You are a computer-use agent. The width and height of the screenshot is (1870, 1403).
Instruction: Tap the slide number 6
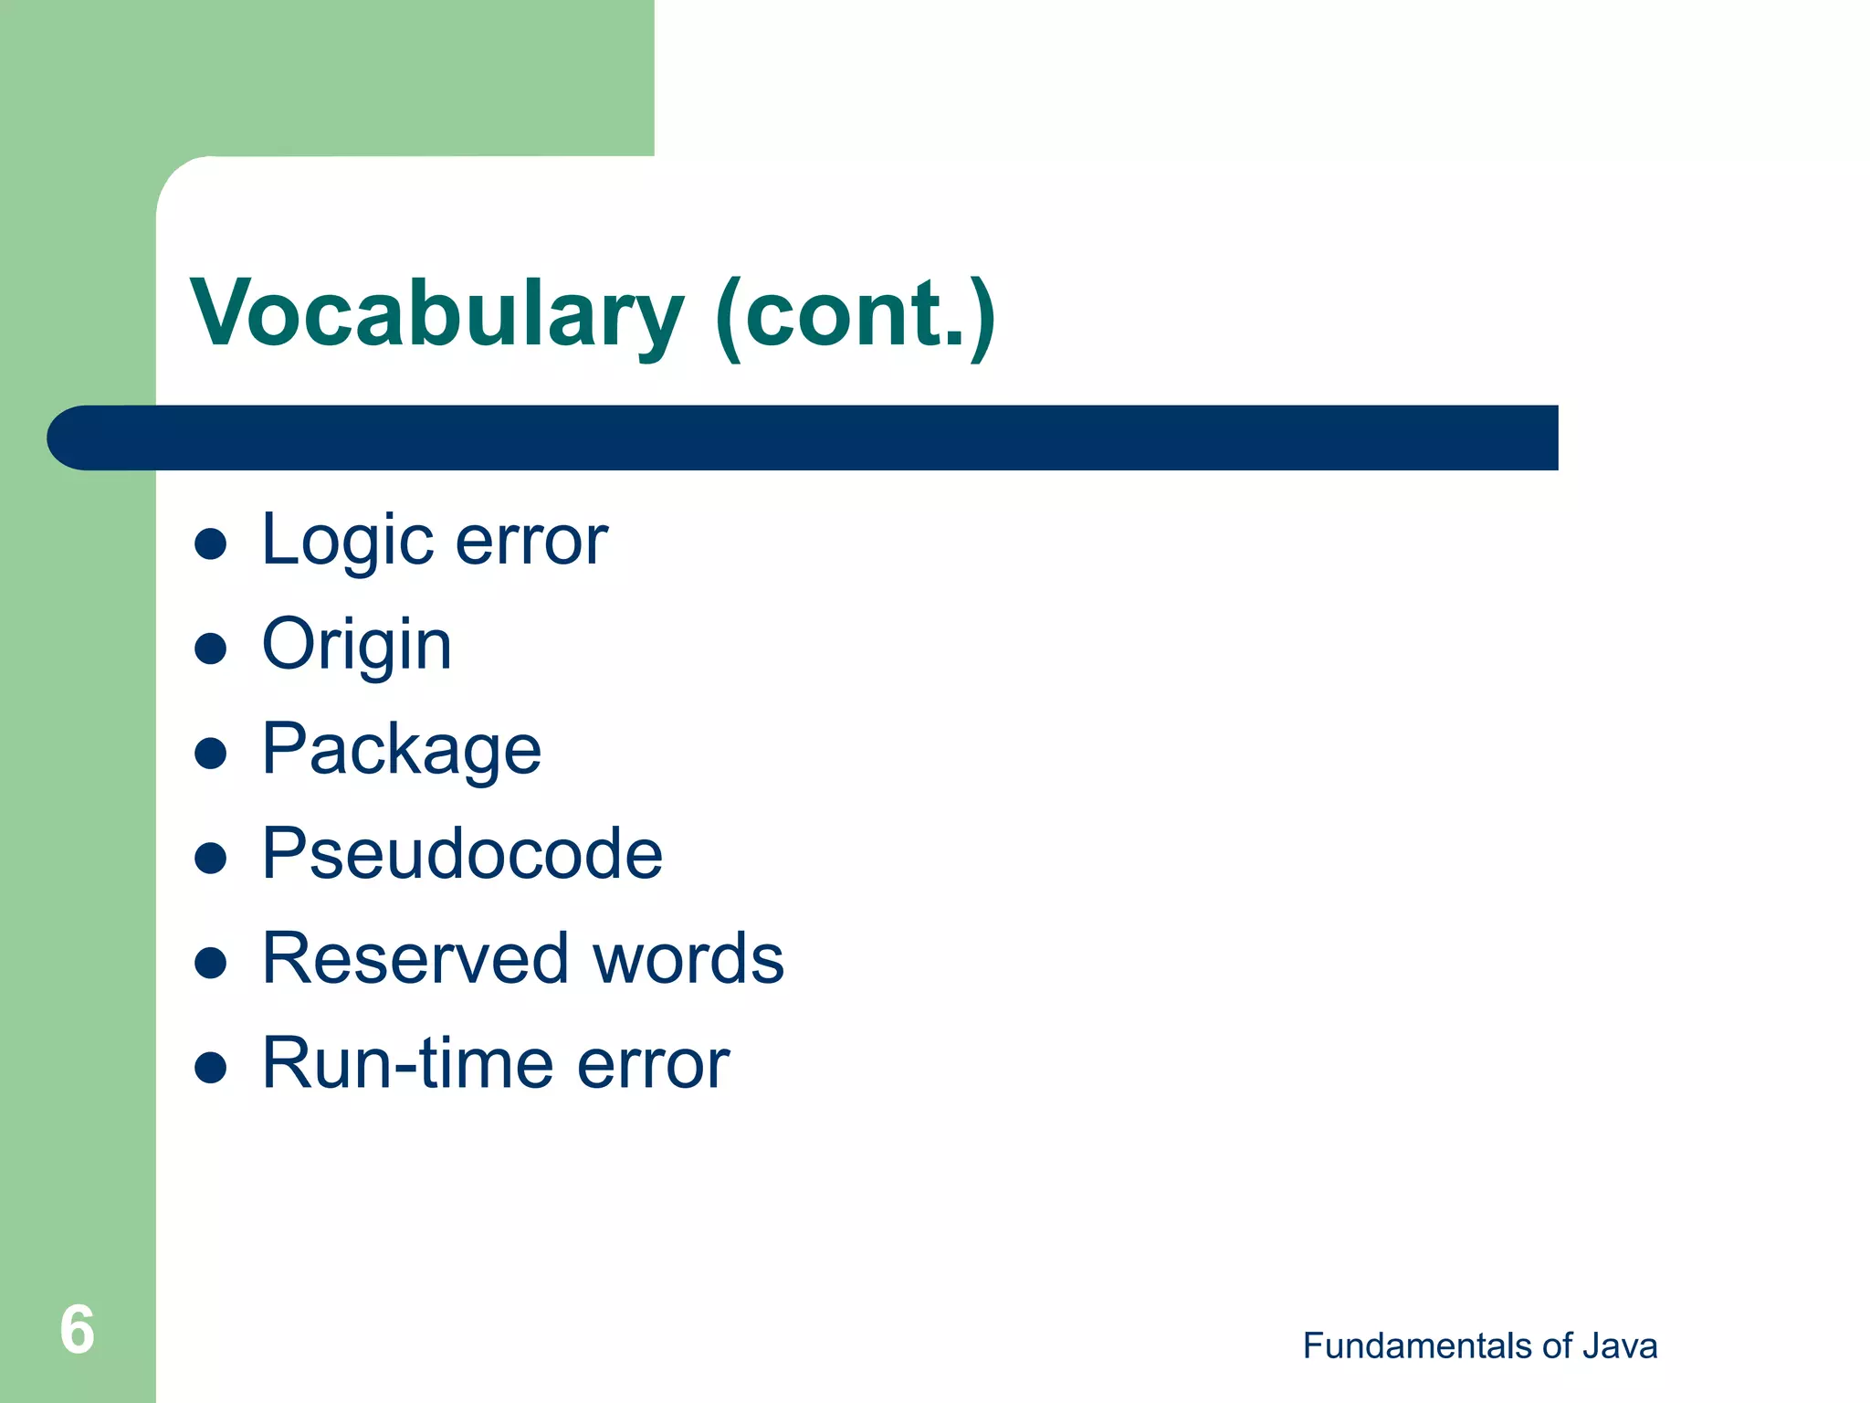pyautogui.click(x=77, y=1329)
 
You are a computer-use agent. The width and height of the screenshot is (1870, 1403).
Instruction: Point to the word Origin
pyautogui.click(x=356, y=645)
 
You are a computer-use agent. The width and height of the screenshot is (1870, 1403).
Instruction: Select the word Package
pyautogui.click(x=401, y=750)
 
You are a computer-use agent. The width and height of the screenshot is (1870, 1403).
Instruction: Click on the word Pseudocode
pyautogui.click(x=462, y=854)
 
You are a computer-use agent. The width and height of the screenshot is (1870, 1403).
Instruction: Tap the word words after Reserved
pyautogui.click(x=688, y=958)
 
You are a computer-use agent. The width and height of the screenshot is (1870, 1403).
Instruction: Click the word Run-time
pyautogui.click(x=407, y=1063)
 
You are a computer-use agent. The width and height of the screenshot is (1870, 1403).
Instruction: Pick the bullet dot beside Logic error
pyautogui.click(x=211, y=544)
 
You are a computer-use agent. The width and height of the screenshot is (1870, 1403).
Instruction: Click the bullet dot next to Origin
pyautogui.click(x=211, y=649)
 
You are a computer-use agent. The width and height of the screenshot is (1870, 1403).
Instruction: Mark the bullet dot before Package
pyautogui.click(x=211, y=754)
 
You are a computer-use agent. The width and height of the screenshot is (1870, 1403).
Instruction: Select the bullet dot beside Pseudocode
pyautogui.click(x=211, y=859)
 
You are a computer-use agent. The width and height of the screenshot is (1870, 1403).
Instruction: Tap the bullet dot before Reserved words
pyautogui.click(x=211, y=963)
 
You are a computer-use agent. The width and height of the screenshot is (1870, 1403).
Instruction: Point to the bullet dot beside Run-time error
pyautogui.click(x=211, y=1068)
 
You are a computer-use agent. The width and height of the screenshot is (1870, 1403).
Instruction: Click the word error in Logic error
pyautogui.click(x=531, y=541)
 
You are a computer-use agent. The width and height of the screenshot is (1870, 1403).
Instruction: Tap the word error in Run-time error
pyautogui.click(x=653, y=1063)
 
